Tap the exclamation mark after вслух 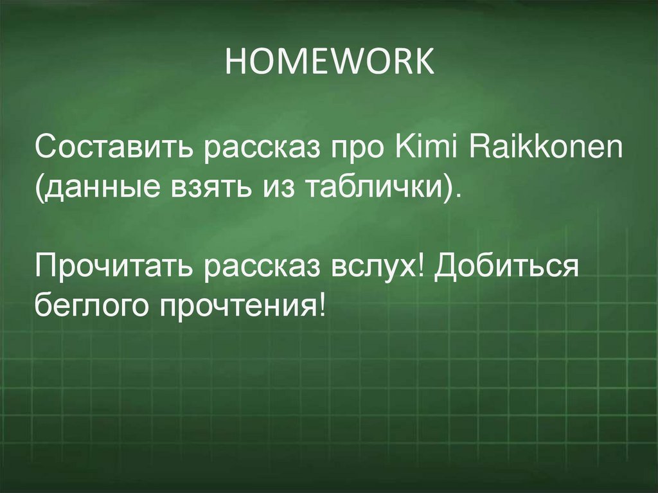423,265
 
